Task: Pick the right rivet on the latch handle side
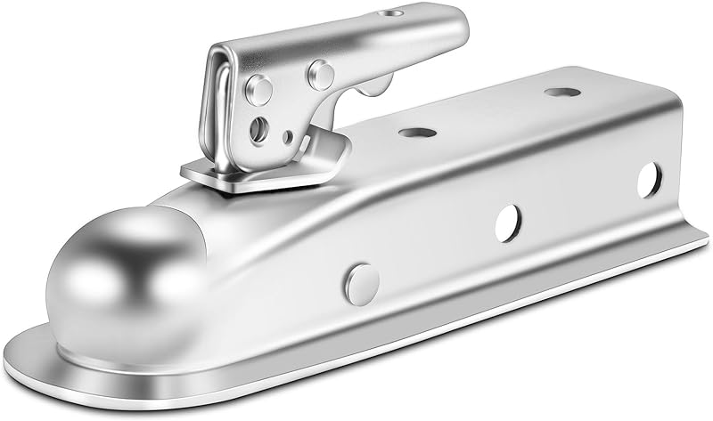click(x=320, y=72)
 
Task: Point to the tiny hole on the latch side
click(x=287, y=137)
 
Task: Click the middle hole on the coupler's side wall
click(x=508, y=216)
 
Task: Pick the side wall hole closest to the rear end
click(x=649, y=179)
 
